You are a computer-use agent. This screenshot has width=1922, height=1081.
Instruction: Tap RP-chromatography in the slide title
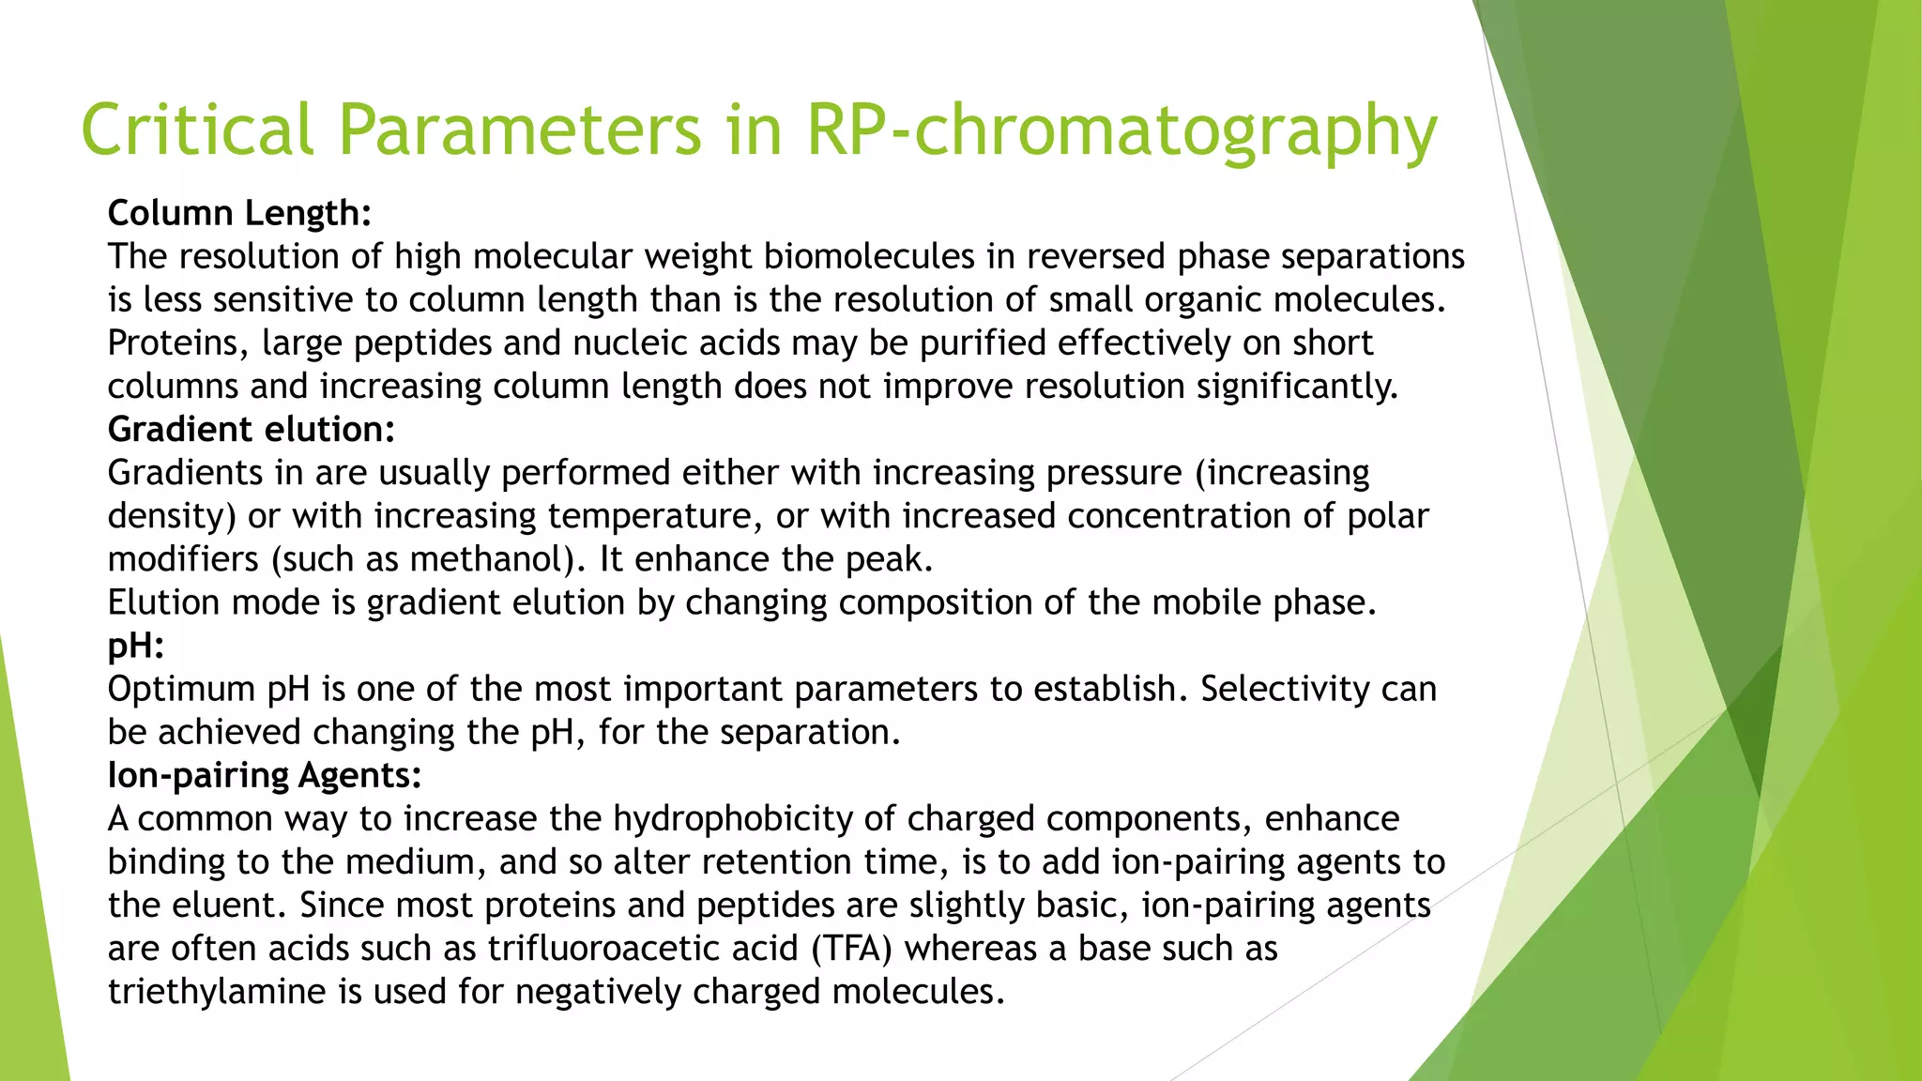1121,131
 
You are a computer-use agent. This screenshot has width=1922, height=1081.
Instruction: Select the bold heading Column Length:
239,213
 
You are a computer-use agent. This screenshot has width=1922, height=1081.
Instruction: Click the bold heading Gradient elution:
252,429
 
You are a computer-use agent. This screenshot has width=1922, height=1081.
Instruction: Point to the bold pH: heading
136,646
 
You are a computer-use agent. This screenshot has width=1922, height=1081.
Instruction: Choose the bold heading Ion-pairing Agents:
265,775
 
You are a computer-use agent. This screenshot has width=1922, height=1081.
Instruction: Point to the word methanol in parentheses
488,559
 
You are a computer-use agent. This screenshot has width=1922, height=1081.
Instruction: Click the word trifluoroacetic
643,948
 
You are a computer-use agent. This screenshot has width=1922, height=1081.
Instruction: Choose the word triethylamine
217,991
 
